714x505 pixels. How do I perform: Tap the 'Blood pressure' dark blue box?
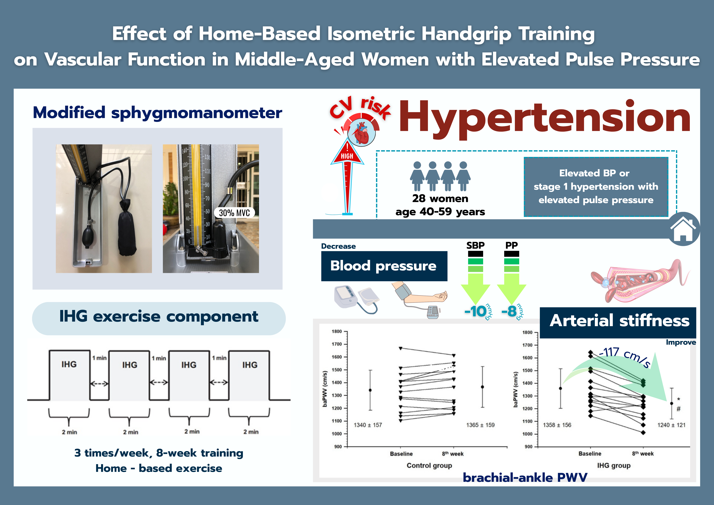[384, 266]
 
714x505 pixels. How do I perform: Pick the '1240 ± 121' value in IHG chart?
[671, 425]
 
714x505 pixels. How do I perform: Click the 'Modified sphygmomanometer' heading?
[157, 113]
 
